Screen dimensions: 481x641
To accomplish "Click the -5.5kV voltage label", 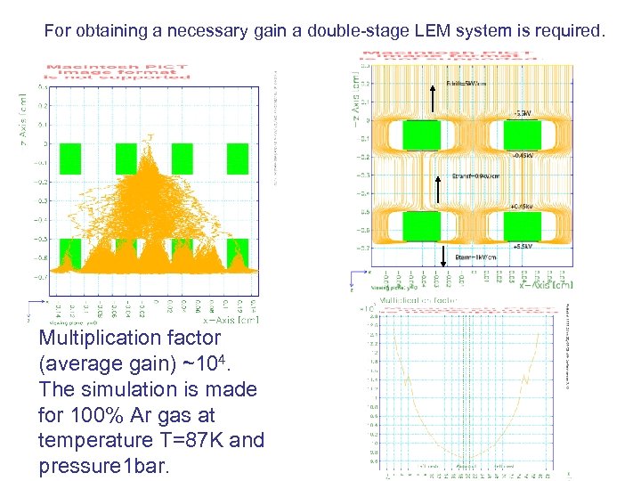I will [x=522, y=113].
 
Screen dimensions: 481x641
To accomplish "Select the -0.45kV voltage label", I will [x=522, y=154].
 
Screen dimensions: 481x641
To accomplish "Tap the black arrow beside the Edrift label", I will [x=431, y=100].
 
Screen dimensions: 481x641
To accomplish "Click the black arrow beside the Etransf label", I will [x=437, y=189].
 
